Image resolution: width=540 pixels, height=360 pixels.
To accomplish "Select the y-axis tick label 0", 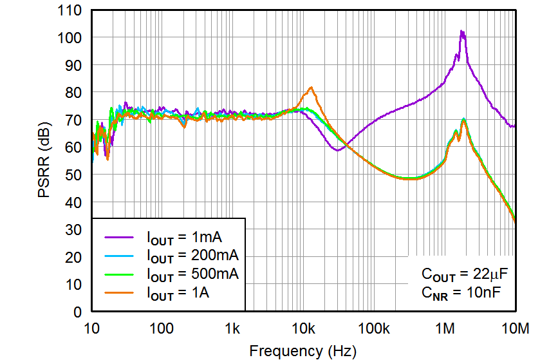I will [x=78, y=312].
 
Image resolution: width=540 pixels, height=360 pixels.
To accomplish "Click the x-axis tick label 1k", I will [x=232, y=328].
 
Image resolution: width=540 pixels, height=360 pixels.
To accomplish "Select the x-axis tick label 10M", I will [x=515, y=328].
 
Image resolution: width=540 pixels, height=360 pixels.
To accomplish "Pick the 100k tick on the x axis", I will [x=374, y=328].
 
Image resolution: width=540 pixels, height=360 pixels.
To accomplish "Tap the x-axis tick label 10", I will [x=91, y=328].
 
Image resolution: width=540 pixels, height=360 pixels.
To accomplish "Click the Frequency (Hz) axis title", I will [x=302, y=351].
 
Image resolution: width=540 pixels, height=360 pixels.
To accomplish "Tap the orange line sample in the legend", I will [x=120, y=294].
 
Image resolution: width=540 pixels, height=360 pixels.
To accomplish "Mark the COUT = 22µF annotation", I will [x=465, y=274].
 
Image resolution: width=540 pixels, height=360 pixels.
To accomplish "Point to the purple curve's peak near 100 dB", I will [x=461, y=32].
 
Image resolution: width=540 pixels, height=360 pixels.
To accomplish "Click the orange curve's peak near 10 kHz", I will [x=312, y=88].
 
